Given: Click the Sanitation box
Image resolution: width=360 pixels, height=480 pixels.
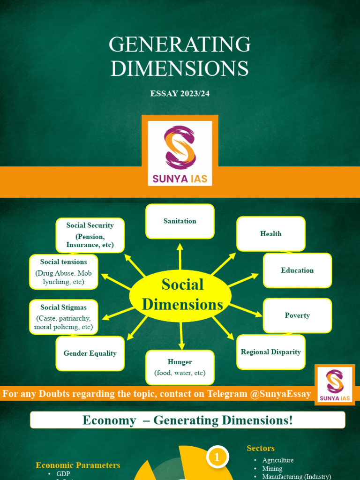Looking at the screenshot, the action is point(180,221).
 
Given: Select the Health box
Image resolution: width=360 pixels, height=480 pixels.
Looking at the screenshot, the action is point(271,233).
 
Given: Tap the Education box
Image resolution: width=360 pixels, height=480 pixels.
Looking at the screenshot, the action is point(297,270).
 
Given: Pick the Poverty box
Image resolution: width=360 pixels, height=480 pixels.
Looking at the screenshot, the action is point(297,315).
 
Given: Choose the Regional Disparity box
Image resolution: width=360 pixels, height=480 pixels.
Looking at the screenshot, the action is point(271,352).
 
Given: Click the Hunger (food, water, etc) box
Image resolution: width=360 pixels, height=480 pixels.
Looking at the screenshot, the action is point(180,367).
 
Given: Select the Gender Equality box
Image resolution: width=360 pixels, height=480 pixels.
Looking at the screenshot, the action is point(90,353).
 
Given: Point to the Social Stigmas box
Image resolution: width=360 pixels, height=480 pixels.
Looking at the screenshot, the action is point(64,317).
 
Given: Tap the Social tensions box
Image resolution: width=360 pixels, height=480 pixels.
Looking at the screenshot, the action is point(64,272).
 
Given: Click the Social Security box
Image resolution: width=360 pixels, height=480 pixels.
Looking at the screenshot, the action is point(90,235).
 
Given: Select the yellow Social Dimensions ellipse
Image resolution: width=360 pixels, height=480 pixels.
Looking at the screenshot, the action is point(180,295).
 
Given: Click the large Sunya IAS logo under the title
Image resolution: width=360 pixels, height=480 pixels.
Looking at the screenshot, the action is point(180,153).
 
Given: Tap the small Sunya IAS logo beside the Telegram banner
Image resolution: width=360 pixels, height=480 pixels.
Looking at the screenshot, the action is point(335,384).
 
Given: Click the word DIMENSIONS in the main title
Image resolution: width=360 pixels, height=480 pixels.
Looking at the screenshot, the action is point(180,69).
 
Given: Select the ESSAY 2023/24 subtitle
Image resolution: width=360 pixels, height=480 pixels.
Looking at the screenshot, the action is point(180,93).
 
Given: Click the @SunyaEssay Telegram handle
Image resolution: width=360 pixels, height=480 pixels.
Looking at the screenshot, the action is point(280,394).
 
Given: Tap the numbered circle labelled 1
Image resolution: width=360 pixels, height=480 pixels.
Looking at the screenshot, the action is point(217,457).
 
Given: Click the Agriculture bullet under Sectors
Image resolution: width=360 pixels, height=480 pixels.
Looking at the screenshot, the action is point(277,460).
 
